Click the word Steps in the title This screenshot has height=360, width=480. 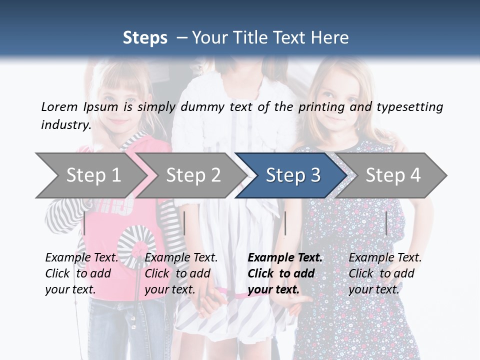point(145,38)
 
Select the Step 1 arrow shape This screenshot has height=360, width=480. point(90,175)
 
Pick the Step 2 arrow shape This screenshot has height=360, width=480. point(192,175)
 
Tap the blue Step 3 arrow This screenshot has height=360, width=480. point(292,175)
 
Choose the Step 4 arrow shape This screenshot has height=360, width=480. point(392,175)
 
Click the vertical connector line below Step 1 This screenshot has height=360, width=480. point(84,223)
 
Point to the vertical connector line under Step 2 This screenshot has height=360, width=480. point(184,223)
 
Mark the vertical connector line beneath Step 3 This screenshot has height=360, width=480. point(285,223)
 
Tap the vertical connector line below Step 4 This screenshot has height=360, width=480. point(386,223)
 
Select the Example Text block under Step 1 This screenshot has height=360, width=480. point(81,273)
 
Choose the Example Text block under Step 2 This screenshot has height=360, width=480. point(181,273)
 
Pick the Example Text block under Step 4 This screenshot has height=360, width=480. point(385,273)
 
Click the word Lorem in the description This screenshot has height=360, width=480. point(59,106)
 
